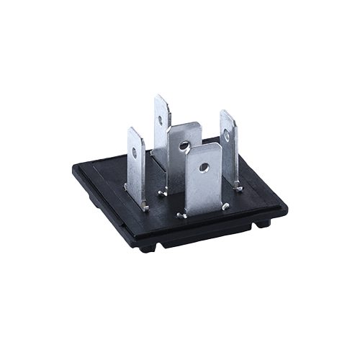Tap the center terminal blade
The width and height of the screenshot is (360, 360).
[184, 155]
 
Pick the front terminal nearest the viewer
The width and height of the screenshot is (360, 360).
[203, 180]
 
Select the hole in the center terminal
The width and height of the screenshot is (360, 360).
[184, 146]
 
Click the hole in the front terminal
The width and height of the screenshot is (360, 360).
[204, 168]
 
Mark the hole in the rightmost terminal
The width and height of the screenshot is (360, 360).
[226, 134]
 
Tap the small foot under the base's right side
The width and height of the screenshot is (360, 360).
[264, 223]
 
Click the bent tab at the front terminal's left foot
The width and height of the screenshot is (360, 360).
[182, 214]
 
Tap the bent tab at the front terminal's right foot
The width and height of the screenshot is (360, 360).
[225, 207]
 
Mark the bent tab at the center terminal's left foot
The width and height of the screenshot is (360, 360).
[163, 192]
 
